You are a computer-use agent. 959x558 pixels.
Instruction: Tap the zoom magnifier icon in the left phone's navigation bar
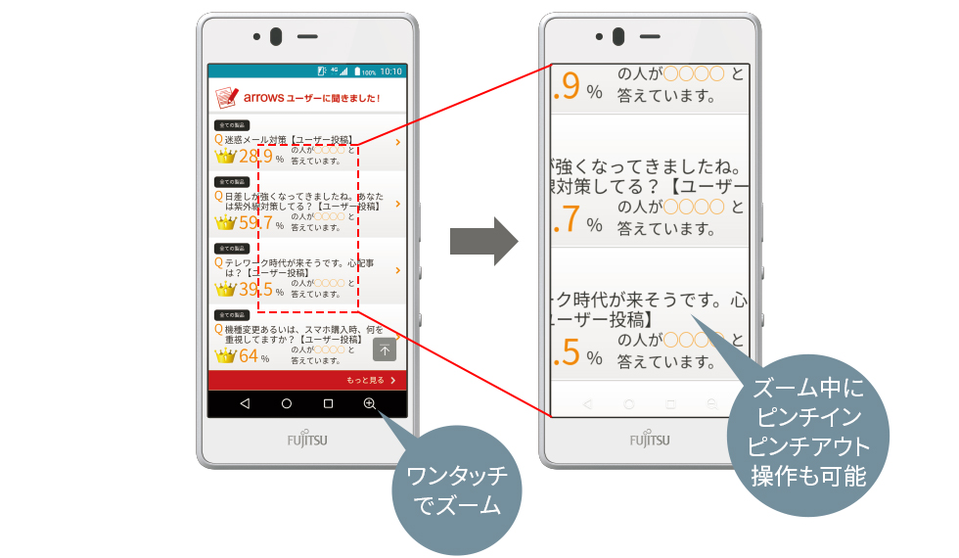click(x=369, y=403)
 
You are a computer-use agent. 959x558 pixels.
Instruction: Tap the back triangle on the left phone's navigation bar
click(x=245, y=403)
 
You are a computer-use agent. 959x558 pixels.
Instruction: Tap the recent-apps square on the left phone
click(x=328, y=403)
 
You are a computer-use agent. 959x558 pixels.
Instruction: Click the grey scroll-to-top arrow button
click(x=385, y=349)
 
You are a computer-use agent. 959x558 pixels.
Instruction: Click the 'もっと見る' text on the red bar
click(x=364, y=380)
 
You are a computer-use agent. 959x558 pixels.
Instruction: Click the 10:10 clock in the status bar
click(x=390, y=71)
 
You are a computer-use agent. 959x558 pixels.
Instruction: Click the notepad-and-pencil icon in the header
click(x=226, y=98)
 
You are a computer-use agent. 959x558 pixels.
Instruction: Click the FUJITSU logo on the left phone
click(x=307, y=440)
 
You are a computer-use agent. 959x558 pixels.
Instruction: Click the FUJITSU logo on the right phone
click(x=651, y=440)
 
